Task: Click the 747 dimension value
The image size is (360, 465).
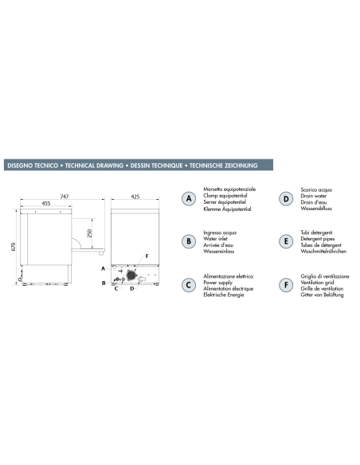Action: (65, 197)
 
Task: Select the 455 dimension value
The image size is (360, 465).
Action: (46, 204)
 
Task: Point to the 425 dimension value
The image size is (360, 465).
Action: (135, 197)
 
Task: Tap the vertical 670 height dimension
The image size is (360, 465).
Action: (13, 247)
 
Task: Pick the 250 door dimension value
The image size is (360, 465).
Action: (89, 233)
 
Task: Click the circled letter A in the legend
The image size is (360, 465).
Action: (189, 199)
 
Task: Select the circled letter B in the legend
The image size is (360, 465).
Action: (189, 241)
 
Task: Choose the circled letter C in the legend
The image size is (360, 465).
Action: (189, 285)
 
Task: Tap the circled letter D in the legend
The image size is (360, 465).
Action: (286, 199)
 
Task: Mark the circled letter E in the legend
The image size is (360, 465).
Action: (286, 241)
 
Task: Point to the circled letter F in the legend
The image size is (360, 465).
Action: (286, 285)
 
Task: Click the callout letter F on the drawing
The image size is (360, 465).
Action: (147, 256)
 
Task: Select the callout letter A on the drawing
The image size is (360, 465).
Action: (104, 268)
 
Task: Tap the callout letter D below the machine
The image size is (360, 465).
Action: (132, 288)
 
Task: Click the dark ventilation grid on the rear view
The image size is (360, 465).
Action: (131, 275)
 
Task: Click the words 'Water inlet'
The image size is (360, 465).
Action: (215, 239)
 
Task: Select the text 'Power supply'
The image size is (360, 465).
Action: (218, 283)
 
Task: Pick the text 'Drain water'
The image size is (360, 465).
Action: (314, 196)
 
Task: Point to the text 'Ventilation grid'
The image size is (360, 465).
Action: (317, 283)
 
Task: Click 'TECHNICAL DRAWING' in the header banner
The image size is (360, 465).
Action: (94, 166)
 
